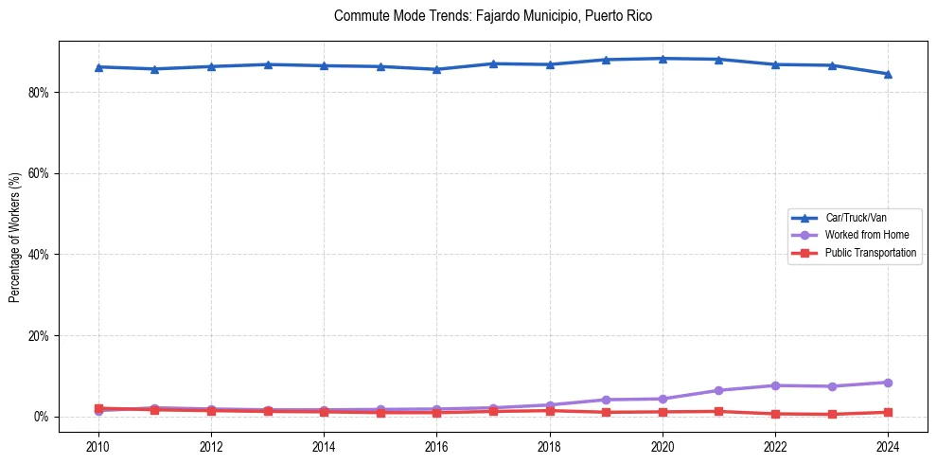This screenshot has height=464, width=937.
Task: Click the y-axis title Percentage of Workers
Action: point(14,238)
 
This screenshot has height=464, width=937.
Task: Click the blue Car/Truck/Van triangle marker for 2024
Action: point(888,74)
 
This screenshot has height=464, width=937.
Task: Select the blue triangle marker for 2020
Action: point(663,59)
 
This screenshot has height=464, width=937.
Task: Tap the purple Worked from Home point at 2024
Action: point(888,383)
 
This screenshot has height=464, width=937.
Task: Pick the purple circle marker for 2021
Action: point(718,390)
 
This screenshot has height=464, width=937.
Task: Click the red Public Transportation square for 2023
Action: point(832,414)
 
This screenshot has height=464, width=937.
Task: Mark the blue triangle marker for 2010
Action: point(98,67)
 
